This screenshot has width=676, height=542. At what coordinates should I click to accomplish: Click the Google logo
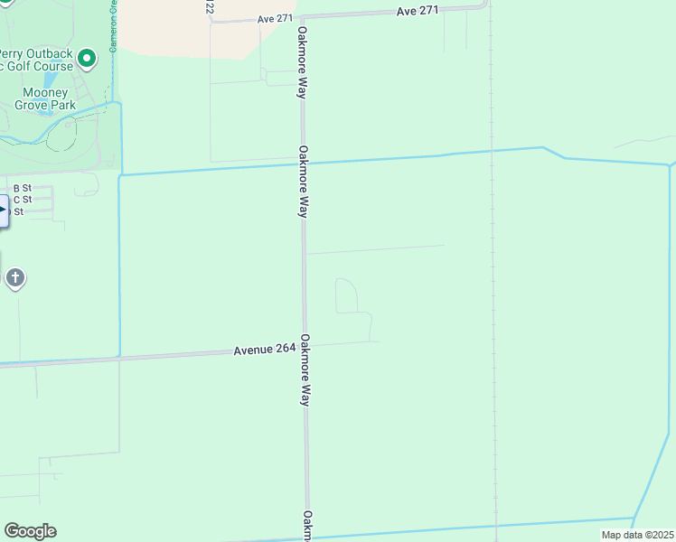click(30, 531)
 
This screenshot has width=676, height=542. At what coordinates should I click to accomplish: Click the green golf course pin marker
click(87, 60)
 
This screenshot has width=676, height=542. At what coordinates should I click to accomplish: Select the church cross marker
click(14, 277)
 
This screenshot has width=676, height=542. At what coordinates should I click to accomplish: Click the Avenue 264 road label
click(265, 350)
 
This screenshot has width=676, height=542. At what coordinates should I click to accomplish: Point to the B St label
click(22, 187)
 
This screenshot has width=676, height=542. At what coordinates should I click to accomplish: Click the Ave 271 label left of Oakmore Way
click(276, 18)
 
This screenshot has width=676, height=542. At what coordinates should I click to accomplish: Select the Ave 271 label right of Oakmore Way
click(417, 11)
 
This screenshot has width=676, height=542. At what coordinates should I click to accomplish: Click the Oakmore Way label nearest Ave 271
click(302, 61)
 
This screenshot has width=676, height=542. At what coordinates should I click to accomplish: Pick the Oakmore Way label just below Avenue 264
click(305, 370)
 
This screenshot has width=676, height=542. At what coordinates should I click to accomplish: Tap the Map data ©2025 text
click(637, 535)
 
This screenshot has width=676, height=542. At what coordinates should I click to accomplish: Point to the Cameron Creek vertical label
click(114, 27)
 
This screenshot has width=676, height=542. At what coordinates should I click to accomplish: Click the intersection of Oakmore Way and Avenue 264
click(305, 347)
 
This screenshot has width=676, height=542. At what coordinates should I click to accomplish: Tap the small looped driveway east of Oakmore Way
click(348, 296)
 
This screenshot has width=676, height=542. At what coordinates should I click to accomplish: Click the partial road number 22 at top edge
click(210, 7)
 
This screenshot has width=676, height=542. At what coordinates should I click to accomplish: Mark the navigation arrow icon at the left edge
click(3, 210)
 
